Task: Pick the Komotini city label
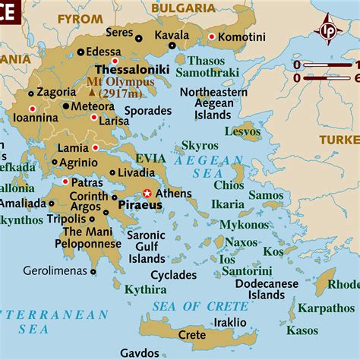point(242,36)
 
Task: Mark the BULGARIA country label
point(183,7)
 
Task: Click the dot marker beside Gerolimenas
point(93,270)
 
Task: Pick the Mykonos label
point(244,225)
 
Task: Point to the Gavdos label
point(139,353)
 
